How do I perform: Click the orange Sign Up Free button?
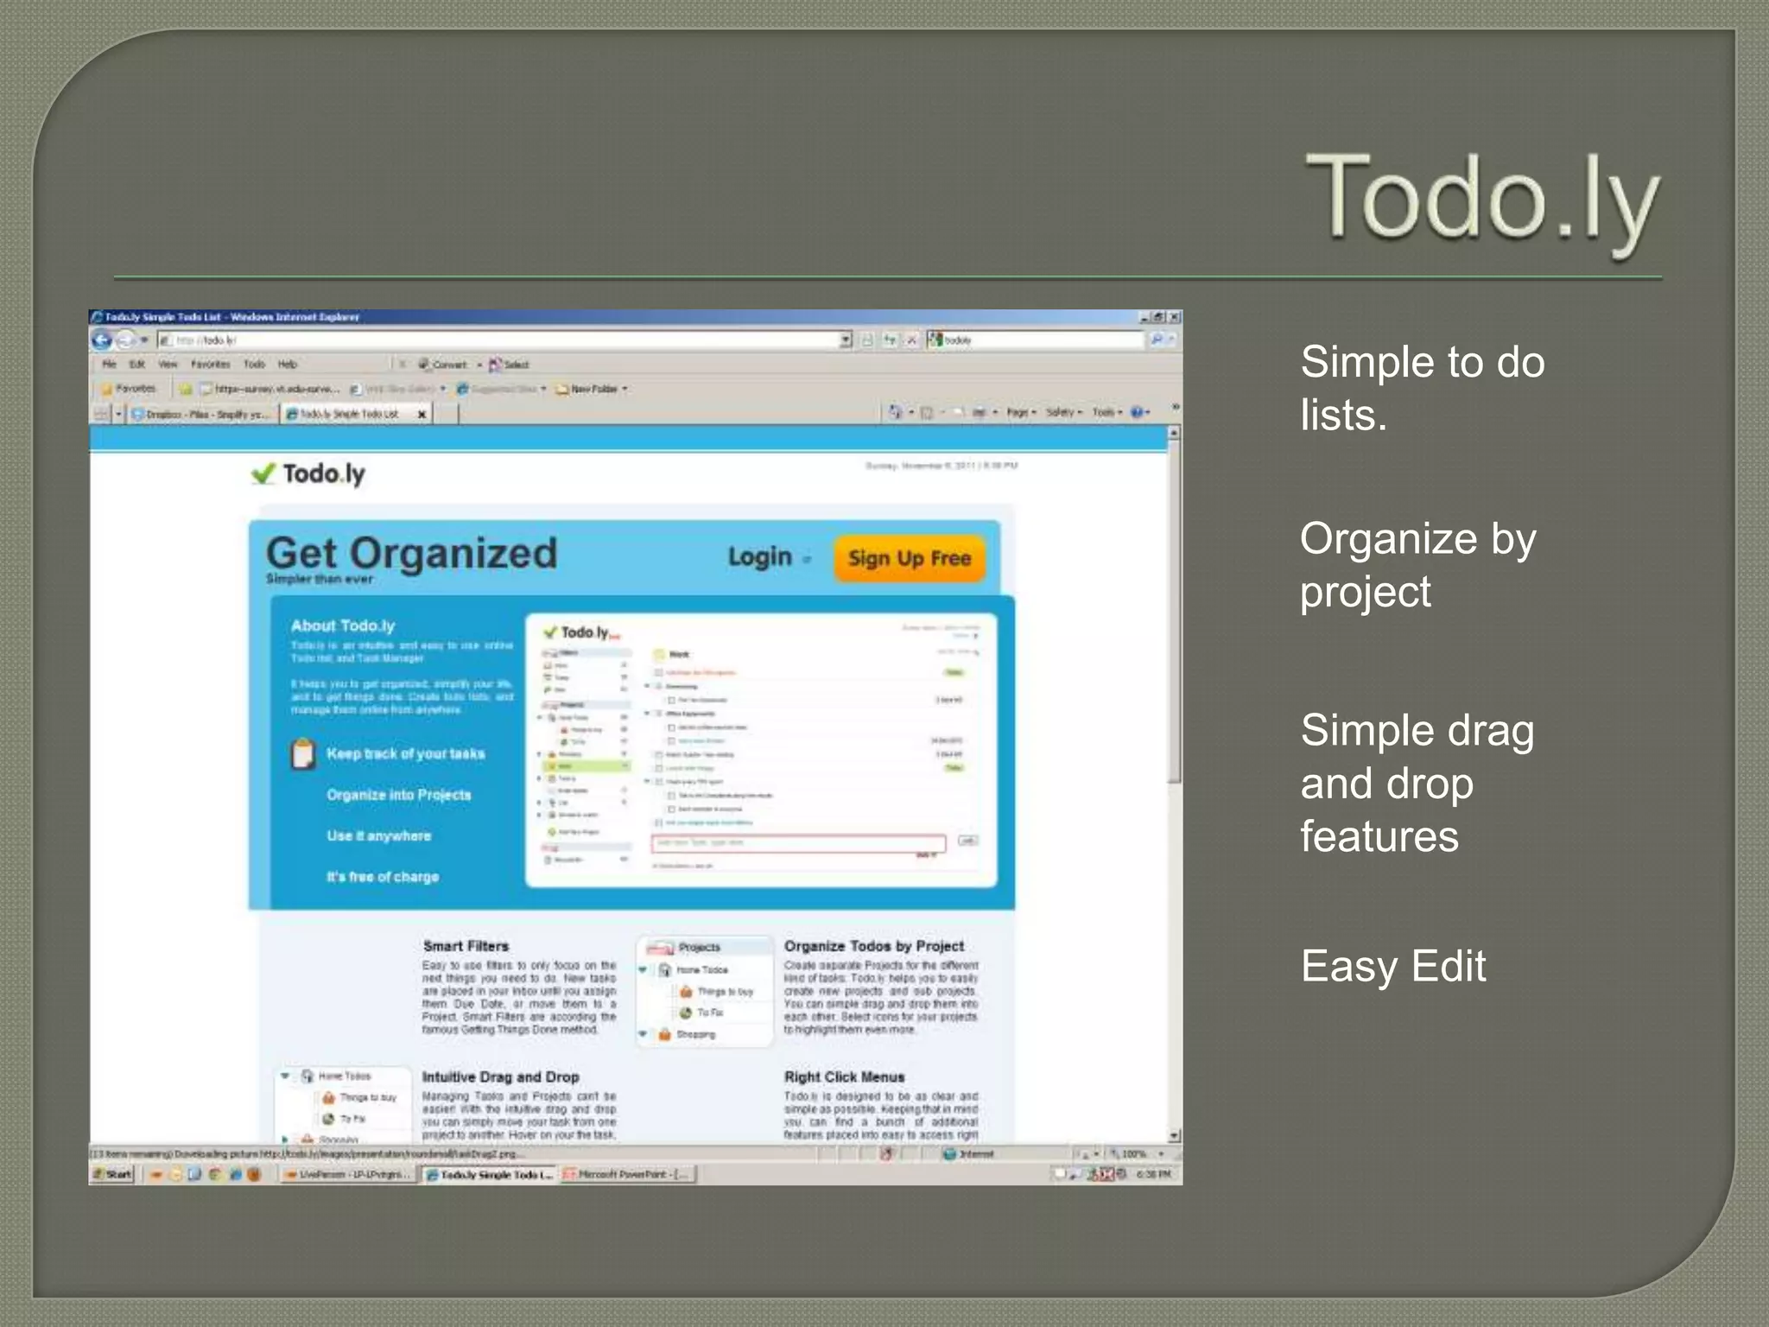pos(909,558)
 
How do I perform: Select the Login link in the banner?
pos(760,557)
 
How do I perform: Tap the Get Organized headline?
pos(411,553)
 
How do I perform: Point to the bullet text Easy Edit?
pos(1392,966)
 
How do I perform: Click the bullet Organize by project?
pos(1417,565)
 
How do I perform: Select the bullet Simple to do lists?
pos(1422,388)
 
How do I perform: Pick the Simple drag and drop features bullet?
pos(1417,783)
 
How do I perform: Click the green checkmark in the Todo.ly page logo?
pos(263,473)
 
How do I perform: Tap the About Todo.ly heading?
pos(342,625)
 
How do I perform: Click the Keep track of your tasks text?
pos(405,753)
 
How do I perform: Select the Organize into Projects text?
pos(398,795)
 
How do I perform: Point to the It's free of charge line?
pos(382,877)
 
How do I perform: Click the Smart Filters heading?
pos(466,946)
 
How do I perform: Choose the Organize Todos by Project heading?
pos(873,946)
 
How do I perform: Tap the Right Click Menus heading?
pos(844,1076)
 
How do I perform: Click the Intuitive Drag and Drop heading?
pos(500,1076)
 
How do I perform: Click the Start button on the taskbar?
pos(112,1174)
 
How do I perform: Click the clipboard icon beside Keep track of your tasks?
pos(302,753)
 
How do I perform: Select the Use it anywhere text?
pos(378,835)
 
